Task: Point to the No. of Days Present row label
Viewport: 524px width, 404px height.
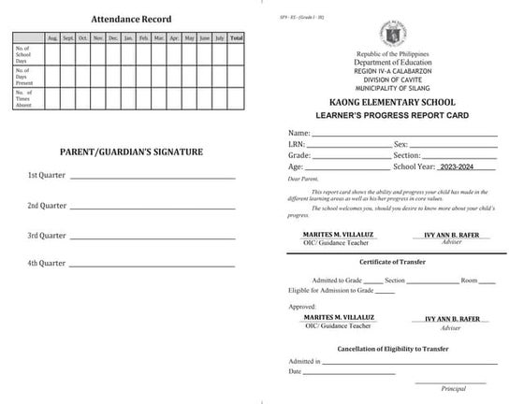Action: point(25,75)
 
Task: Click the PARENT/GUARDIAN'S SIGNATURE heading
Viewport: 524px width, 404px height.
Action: point(131,151)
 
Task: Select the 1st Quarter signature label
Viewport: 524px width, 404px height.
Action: point(47,176)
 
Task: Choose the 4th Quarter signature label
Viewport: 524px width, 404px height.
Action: point(47,264)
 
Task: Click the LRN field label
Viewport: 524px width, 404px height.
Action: point(297,145)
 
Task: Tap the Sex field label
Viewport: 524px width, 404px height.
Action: point(401,145)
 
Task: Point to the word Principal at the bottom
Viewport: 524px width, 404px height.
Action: point(453,388)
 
